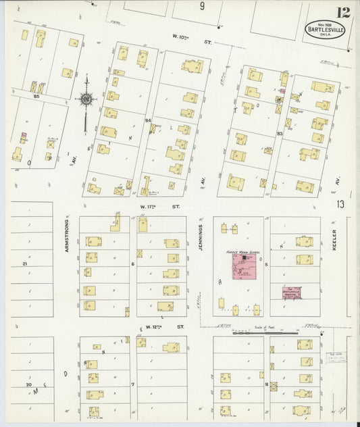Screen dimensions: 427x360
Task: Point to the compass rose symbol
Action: coord(86,100)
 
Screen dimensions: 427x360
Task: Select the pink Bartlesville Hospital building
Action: coord(291,292)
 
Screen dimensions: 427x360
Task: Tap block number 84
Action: coord(147,120)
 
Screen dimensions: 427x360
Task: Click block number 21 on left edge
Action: coord(24,263)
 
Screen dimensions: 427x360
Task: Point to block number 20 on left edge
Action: coord(28,384)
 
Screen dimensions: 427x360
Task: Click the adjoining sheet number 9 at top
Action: coord(201,7)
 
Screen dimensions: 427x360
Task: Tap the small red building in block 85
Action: coord(23,136)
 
